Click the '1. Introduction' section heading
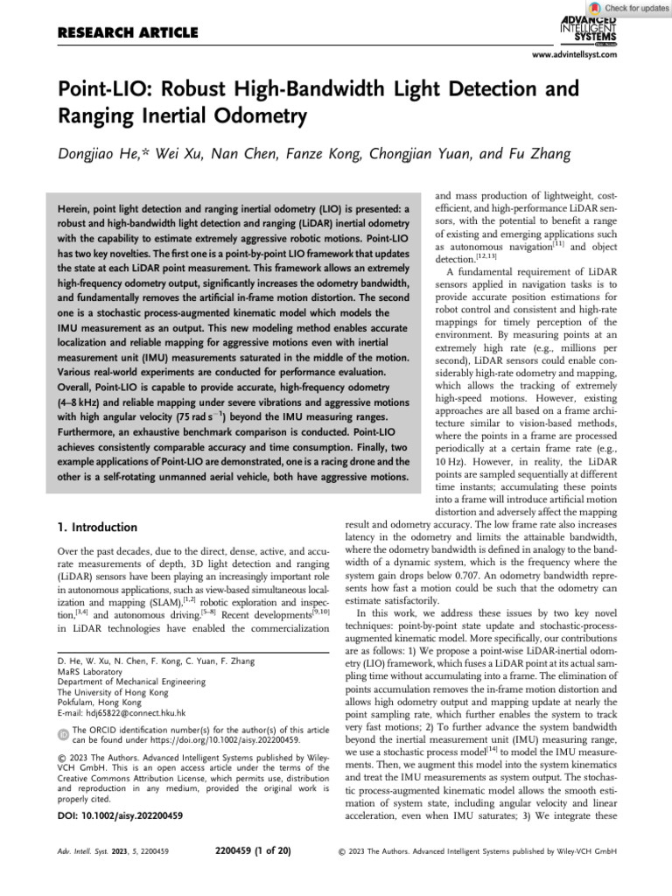pos(96,528)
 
